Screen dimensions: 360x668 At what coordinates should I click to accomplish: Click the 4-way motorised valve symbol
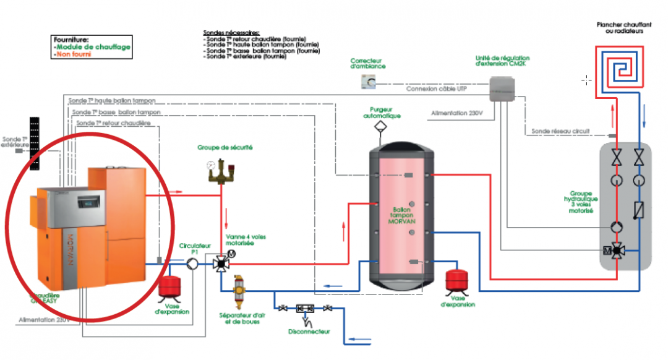(220, 264)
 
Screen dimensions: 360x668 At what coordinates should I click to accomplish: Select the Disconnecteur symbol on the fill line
(305, 308)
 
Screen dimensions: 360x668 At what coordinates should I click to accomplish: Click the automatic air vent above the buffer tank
(380, 127)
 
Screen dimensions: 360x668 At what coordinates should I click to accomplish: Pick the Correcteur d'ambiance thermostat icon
(367, 82)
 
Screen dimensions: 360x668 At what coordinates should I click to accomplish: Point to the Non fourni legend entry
(72, 54)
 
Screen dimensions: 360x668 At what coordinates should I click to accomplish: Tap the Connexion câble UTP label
(436, 89)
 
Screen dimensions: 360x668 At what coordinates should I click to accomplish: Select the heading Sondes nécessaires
(231, 33)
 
